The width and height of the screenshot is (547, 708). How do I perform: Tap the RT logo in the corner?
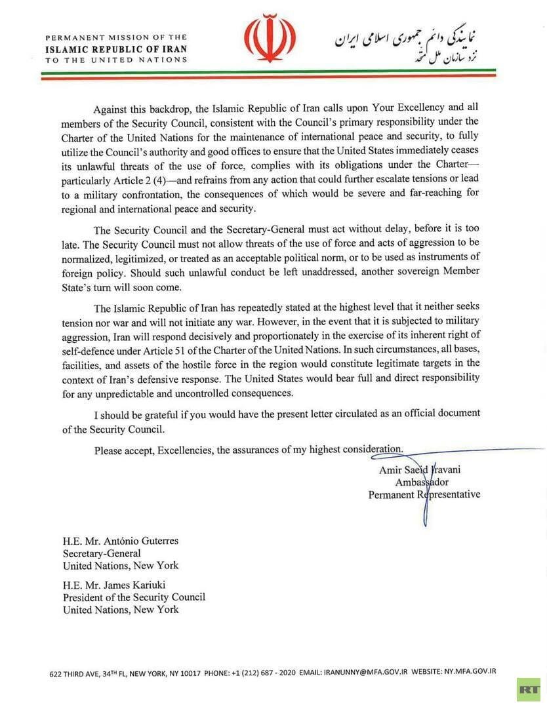tap(528, 689)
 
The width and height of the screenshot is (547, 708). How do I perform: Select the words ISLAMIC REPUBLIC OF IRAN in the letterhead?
tap(115, 49)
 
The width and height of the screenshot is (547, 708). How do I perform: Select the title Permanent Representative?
tap(424, 494)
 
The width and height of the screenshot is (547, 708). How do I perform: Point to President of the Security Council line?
tap(134, 597)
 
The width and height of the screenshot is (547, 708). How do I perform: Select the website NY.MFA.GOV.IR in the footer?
tap(470, 672)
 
